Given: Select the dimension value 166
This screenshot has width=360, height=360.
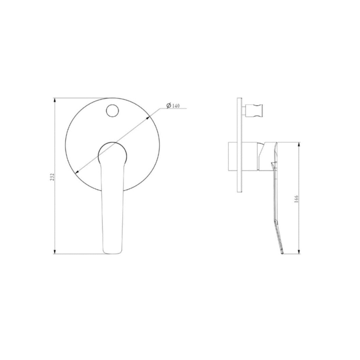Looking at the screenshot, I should pyautogui.click(x=296, y=199).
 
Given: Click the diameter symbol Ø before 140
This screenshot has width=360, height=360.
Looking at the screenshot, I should pyautogui.click(x=169, y=105).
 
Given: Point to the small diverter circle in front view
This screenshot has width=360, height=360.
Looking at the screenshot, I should pyautogui.click(x=112, y=110).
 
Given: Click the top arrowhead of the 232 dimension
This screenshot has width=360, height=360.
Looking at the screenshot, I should pyautogui.click(x=55, y=100).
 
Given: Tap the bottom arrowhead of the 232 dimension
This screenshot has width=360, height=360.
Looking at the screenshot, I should pyautogui.click(x=55, y=252).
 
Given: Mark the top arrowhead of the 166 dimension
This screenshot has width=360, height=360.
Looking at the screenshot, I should pyautogui.click(x=299, y=144).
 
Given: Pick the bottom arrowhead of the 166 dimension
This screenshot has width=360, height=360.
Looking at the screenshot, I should pyautogui.click(x=299, y=252).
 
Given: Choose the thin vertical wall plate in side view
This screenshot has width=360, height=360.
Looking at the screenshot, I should pyautogui.click(x=239, y=145).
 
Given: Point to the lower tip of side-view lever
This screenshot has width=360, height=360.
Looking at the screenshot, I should pyautogui.click(x=283, y=253).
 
